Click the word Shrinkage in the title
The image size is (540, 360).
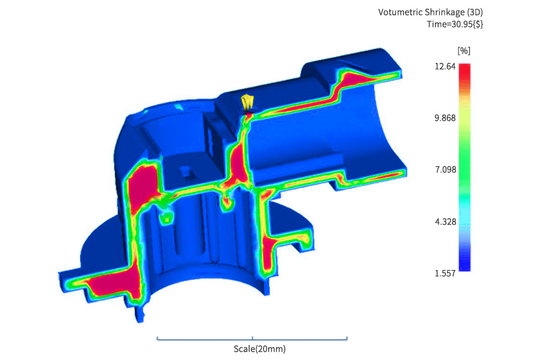[x=444, y=13]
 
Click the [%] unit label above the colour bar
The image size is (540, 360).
[x=464, y=51]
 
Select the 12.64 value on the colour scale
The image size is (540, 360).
[x=445, y=66]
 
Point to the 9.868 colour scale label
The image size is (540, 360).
[x=445, y=118]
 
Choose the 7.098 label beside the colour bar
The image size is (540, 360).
[x=446, y=169]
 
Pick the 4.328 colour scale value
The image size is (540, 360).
[x=446, y=221]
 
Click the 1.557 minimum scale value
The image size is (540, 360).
[x=445, y=274]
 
